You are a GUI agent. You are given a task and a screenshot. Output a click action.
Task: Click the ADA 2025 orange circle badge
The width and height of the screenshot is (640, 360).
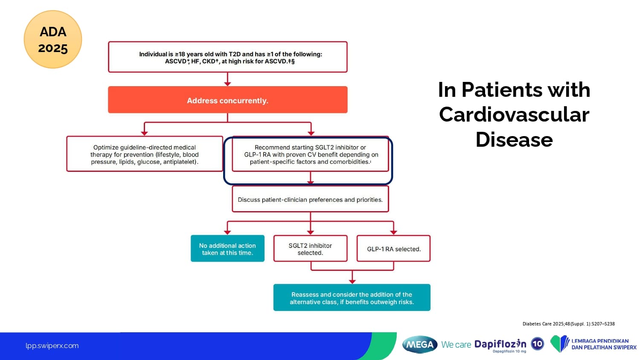pyautogui.click(x=53, y=40)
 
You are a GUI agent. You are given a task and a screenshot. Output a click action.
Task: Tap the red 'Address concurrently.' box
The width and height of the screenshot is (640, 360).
pyautogui.click(x=227, y=100)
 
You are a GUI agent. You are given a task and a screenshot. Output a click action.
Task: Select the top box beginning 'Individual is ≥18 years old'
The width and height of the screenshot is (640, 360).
pyautogui.click(x=227, y=57)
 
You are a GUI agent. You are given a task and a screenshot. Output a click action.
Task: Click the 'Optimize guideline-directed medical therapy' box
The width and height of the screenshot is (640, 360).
pyautogui.click(x=145, y=154)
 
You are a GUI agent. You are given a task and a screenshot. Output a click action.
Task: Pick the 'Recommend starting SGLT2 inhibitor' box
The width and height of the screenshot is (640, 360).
pyautogui.click(x=310, y=154)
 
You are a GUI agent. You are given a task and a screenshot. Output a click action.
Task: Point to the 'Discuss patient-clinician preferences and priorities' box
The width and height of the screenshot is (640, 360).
pyautogui.click(x=310, y=199)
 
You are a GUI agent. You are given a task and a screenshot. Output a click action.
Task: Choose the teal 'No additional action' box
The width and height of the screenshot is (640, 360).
pyautogui.click(x=227, y=249)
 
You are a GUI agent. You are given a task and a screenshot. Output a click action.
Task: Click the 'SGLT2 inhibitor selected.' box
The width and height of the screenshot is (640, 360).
pyautogui.click(x=310, y=249)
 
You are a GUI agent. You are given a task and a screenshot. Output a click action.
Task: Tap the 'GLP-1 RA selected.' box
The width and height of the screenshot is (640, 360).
pyautogui.click(x=393, y=249)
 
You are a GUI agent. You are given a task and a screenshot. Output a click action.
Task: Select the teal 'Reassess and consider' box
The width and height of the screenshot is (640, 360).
pyautogui.click(x=352, y=298)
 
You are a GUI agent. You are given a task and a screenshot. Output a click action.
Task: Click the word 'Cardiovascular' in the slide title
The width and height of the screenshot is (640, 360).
pyautogui.click(x=514, y=115)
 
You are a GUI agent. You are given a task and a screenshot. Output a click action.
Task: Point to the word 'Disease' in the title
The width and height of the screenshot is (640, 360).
pyautogui.click(x=514, y=139)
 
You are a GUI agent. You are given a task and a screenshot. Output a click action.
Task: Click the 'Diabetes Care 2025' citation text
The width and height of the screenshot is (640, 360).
pyautogui.click(x=568, y=324)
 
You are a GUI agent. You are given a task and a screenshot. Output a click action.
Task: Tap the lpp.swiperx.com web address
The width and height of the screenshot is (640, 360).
pyautogui.click(x=52, y=345)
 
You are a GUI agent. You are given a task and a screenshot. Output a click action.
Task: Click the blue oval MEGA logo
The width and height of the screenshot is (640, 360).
pyautogui.click(x=420, y=344)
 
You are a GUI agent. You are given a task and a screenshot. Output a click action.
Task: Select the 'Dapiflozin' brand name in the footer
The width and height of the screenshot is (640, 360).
pyautogui.click(x=500, y=344)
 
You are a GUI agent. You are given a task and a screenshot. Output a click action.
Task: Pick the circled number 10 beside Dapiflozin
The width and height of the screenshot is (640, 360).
pyautogui.click(x=537, y=343)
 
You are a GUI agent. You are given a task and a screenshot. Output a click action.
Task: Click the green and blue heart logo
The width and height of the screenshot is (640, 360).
pyautogui.click(x=559, y=344)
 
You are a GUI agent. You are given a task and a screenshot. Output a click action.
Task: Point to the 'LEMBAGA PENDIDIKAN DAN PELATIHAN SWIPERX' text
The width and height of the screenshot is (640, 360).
pyautogui.click(x=603, y=344)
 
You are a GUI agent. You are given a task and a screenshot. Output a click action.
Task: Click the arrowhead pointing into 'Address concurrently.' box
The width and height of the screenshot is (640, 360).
pyautogui.click(x=227, y=84)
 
